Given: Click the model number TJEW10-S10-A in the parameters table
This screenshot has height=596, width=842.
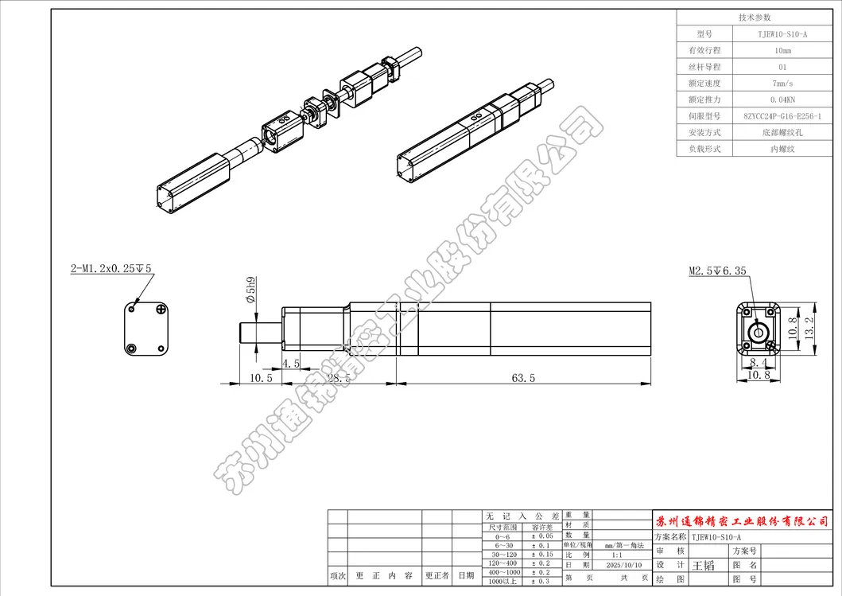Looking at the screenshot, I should (x=782, y=35).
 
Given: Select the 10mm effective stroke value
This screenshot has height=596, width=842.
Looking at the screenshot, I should (x=782, y=51).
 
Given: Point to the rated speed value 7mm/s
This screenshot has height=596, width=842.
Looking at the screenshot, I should (x=782, y=84).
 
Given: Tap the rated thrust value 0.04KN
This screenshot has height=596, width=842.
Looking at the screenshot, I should (x=782, y=99).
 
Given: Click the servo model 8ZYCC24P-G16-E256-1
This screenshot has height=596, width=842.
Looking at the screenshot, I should (x=782, y=116).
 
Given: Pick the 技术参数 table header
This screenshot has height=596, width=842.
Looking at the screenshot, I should (x=755, y=18).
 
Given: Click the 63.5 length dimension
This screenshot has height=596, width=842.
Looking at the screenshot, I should (x=522, y=378).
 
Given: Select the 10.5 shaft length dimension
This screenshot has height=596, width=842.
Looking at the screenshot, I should (x=260, y=378).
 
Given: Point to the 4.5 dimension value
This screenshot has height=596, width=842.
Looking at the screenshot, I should (x=291, y=364).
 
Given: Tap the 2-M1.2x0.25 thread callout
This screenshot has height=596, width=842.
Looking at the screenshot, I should (x=111, y=270).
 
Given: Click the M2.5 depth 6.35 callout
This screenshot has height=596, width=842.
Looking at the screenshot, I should (x=716, y=271).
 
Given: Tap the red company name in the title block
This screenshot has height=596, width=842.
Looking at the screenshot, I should (x=745, y=521).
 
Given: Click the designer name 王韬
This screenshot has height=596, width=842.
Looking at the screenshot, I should (x=703, y=565).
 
